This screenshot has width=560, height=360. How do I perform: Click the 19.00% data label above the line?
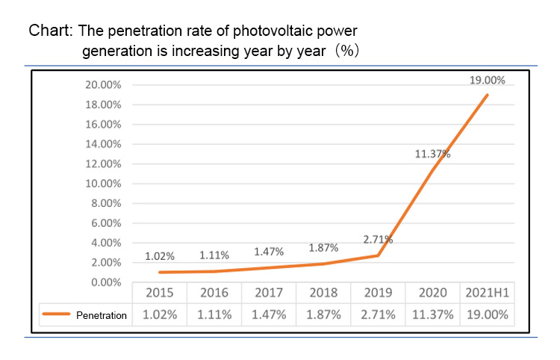(488, 80)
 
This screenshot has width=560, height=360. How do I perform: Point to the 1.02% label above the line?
(159, 256)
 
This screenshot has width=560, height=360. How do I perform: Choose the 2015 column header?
(159, 293)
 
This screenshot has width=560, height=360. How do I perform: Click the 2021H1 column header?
(487, 293)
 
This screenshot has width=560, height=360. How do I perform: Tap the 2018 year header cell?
(323, 293)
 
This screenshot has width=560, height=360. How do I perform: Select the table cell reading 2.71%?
(378, 314)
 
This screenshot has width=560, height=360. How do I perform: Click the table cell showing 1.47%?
(269, 314)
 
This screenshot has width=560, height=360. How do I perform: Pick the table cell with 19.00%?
(487, 314)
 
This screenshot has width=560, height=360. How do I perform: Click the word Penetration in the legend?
(102, 316)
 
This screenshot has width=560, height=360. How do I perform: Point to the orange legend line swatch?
(57, 315)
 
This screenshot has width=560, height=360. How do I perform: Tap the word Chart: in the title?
(51, 31)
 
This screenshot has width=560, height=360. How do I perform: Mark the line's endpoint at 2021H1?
(488, 95)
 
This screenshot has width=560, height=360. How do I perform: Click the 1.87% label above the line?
(323, 248)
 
